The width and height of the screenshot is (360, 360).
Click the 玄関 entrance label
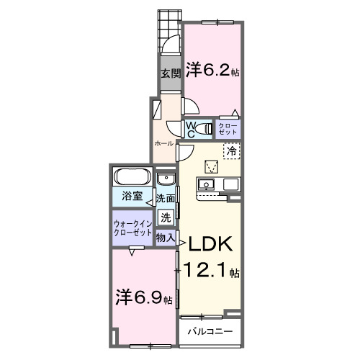click(x=170, y=74)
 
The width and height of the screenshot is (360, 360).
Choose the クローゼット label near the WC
click(x=228, y=130)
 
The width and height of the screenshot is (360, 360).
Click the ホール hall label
click(x=163, y=143)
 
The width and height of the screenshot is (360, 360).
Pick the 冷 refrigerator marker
click(x=232, y=151)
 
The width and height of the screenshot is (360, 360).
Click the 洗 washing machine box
click(x=166, y=216)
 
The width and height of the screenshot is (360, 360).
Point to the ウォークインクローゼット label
click(x=132, y=228)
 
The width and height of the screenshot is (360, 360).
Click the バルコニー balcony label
click(x=210, y=332)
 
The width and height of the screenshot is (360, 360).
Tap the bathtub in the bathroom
click(x=131, y=177)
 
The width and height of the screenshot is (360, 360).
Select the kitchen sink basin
click(x=207, y=185)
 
